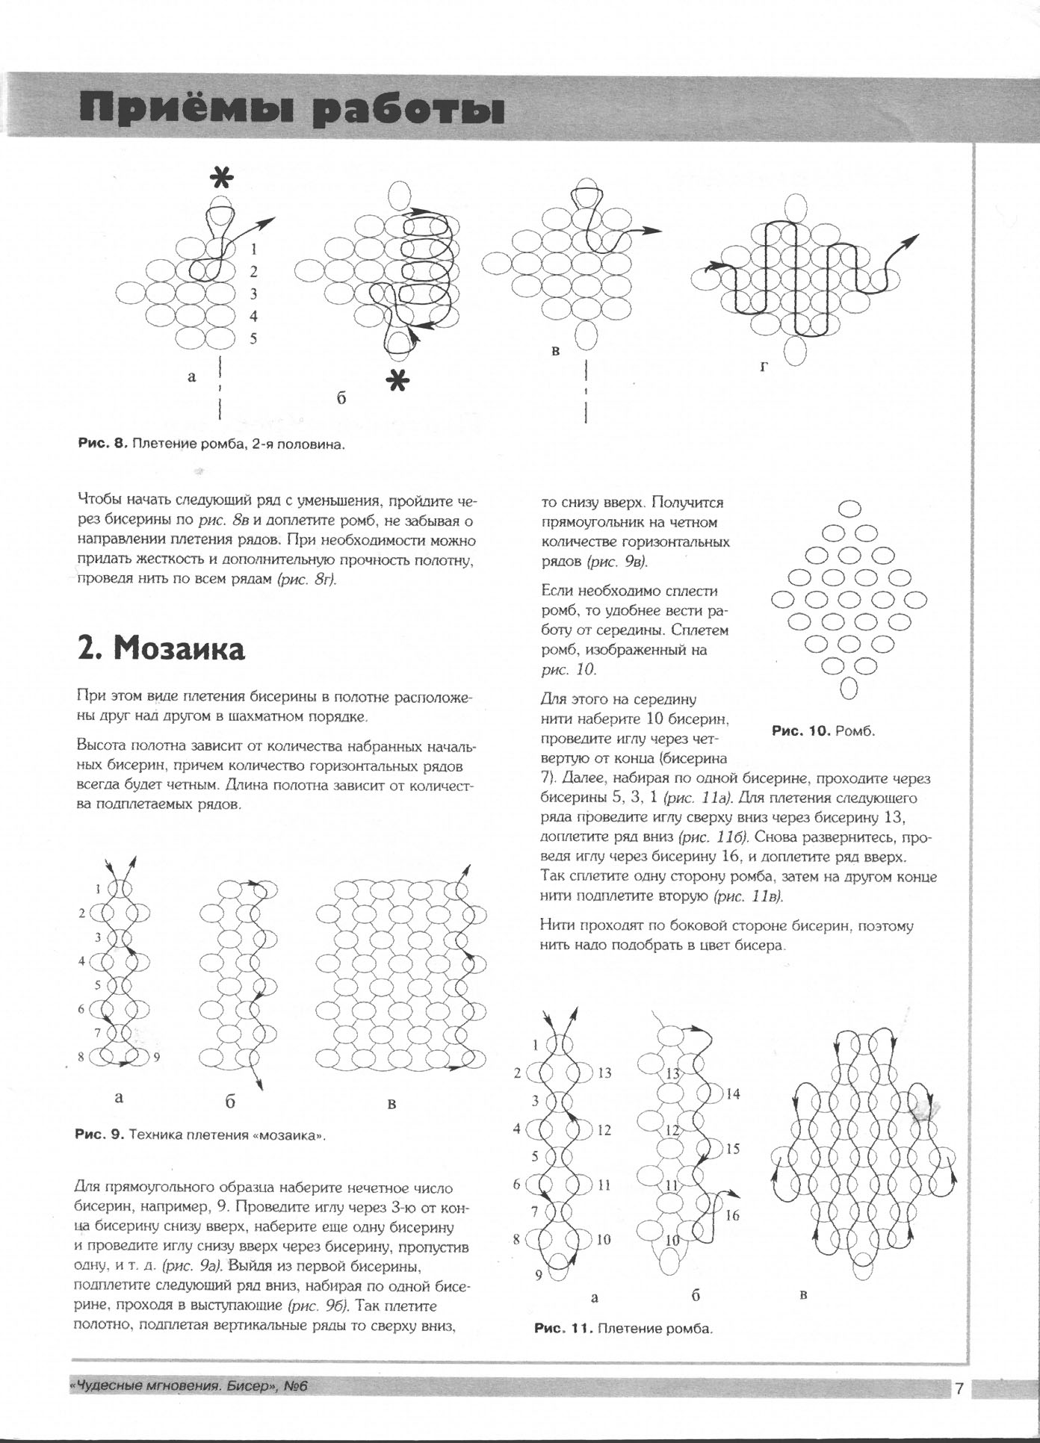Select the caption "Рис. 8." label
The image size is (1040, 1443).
(102, 444)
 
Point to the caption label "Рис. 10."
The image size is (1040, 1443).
(801, 730)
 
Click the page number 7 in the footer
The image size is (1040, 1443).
(958, 1389)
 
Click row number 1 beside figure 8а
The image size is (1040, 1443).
(254, 249)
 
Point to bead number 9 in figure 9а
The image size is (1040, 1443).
(156, 1057)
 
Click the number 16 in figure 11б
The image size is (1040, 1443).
(732, 1216)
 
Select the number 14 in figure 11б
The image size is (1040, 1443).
(732, 1093)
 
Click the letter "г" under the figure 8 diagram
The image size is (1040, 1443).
(763, 367)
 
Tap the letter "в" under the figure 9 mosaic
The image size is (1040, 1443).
(391, 1104)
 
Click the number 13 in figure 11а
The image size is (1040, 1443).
(604, 1073)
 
